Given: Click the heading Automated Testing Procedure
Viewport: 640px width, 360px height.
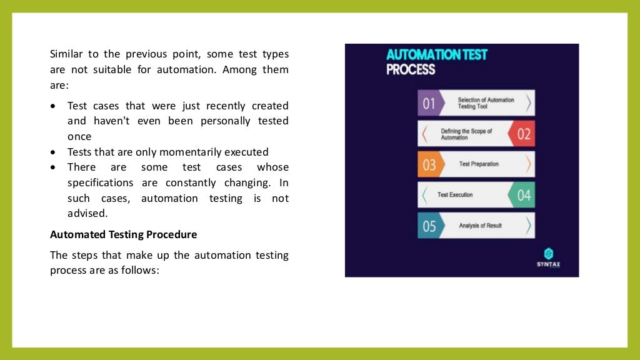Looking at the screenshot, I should (x=123, y=234).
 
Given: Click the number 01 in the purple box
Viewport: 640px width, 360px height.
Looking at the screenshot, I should (x=429, y=103).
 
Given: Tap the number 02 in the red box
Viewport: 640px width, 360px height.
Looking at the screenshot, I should (x=524, y=134).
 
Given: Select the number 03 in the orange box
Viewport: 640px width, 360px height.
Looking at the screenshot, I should (x=429, y=164).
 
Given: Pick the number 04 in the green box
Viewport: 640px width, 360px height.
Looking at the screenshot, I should (x=524, y=195).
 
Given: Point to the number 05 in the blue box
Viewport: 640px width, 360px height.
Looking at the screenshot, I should (x=429, y=226).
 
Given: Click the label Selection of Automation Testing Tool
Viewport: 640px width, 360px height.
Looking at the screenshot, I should (x=486, y=103).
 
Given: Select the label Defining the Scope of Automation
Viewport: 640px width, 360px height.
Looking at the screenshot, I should (x=466, y=134).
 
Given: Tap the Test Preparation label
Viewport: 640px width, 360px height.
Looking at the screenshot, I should (x=479, y=164).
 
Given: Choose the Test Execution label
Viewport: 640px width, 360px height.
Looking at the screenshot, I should (x=455, y=195).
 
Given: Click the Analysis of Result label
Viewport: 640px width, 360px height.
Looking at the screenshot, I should (x=480, y=226).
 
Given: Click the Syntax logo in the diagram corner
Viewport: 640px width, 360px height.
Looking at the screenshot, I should (x=548, y=257).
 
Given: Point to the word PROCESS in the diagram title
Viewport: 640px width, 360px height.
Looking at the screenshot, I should (x=411, y=69).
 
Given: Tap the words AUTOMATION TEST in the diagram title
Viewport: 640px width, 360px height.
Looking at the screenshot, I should (x=436, y=54).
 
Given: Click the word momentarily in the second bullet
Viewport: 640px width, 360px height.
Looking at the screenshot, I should (x=187, y=152).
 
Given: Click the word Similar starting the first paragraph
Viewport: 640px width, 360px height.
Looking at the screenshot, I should (x=67, y=54).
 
